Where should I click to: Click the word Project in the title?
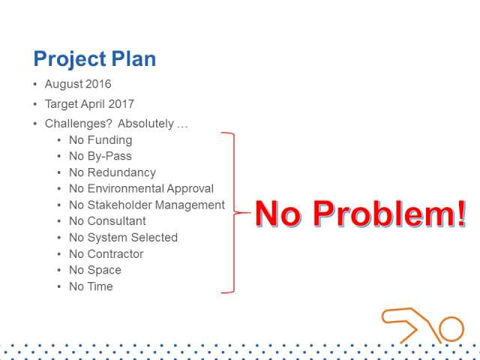(x=70, y=59)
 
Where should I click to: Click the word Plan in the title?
(x=133, y=58)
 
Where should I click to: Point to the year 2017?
(x=121, y=103)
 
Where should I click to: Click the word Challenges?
(x=79, y=124)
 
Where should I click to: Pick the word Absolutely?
(x=146, y=124)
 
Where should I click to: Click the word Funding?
(x=110, y=140)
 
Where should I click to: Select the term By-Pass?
(x=109, y=157)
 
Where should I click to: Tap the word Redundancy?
(x=121, y=172)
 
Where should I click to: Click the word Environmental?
(x=125, y=188)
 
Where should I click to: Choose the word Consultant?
(x=117, y=221)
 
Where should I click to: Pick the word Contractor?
(x=115, y=254)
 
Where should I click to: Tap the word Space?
(x=104, y=271)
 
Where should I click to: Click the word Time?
(x=100, y=286)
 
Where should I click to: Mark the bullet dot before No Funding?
(x=59, y=140)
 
